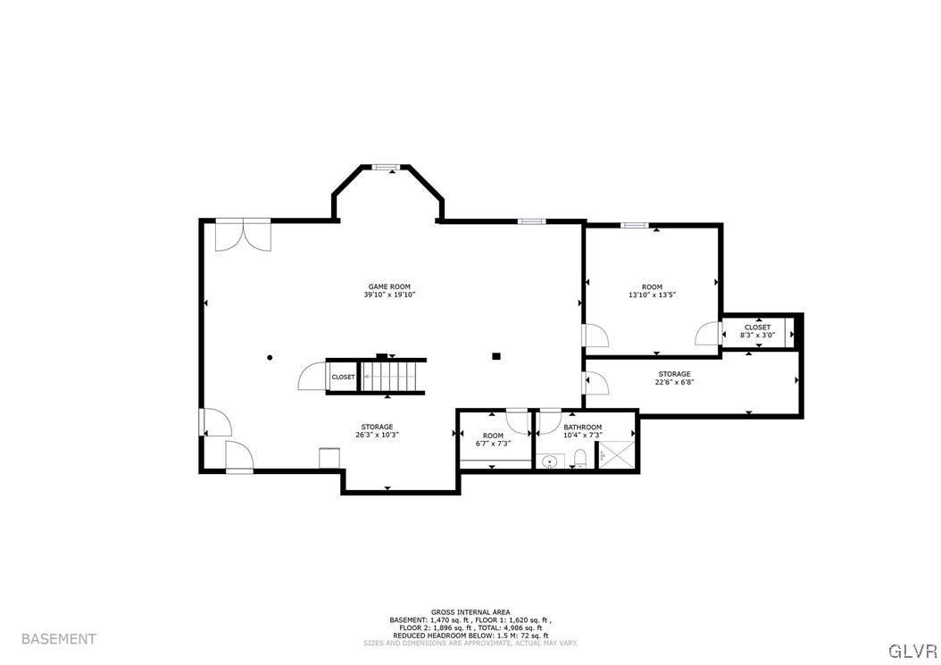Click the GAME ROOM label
[x=389, y=287]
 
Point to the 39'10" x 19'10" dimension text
[x=389, y=295]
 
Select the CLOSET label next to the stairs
[x=343, y=377]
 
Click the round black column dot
[x=270, y=358]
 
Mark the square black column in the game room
[x=496, y=357]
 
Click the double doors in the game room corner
[x=243, y=235]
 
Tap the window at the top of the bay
[x=387, y=166]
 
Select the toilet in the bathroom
[x=579, y=459]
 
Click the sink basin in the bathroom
[x=551, y=461]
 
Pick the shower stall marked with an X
[x=615, y=454]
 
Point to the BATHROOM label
[x=582, y=428]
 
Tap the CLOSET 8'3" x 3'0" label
[x=758, y=331]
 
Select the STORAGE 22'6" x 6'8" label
[x=674, y=378]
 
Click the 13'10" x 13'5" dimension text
[x=652, y=295]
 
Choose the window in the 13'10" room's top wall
[x=634, y=225]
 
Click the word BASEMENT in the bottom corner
[x=58, y=639]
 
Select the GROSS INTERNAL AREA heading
[x=470, y=612]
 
